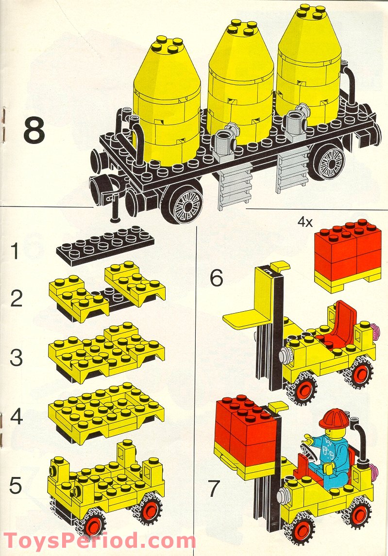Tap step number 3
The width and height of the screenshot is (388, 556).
(17, 358)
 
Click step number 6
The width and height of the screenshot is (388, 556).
(217, 278)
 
